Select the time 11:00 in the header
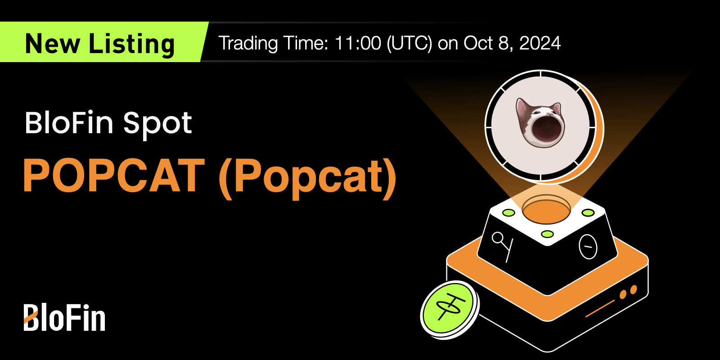[358, 43]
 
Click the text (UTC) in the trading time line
[409, 43]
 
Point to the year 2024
[540, 43]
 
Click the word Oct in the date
[478, 43]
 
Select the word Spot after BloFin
[157, 123]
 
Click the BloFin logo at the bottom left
[64, 318]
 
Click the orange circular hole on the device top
[546, 211]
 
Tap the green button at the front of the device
[547, 234]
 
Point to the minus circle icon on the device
[588, 247]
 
